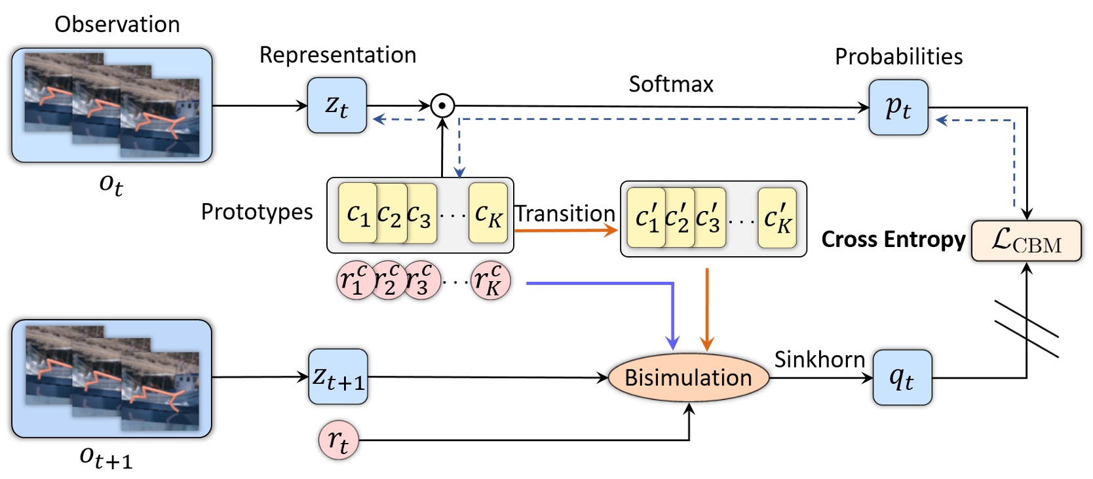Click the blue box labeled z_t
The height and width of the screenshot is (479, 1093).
(x=337, y=105)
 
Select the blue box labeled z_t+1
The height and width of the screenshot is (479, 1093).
(x=338, y=377)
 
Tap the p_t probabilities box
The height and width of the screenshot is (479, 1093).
(x=898, y=107)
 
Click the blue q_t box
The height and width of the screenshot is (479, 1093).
(x=902, y=377)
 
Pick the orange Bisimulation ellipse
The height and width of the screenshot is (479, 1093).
(x=688, y=377)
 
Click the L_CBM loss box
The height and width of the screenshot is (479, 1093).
(x=1026, y=241)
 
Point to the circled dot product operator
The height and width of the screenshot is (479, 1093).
(x=442, y=105)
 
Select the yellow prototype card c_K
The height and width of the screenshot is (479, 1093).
(x=488, y=213)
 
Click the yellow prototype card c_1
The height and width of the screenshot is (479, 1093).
(x=357, y=213)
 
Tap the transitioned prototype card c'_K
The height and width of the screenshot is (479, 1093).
(x=777, y=218)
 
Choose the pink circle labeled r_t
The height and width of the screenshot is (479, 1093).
(x=338, y=440)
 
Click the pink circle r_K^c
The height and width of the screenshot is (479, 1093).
(x=490, y=280)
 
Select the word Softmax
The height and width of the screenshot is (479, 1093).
(x=670, y=84)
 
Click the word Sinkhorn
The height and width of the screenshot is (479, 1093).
(x=819, y=359)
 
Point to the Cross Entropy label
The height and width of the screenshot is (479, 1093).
(x=893, y=239)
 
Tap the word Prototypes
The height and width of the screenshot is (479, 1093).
(x=256, y=212)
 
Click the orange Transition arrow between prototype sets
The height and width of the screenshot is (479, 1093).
(x=566, y=230)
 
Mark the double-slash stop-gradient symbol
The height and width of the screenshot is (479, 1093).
(x=1026, y=329)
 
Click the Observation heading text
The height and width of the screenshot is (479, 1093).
(x=117, y=24)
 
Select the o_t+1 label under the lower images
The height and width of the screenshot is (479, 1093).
(x=105, y=457)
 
